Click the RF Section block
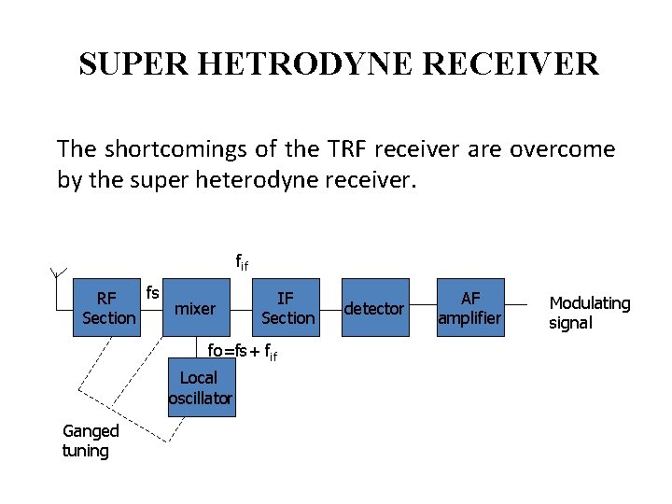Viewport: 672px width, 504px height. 108,308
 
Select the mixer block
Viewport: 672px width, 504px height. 195,309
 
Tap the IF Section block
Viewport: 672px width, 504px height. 287,308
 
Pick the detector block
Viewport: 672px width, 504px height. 374,308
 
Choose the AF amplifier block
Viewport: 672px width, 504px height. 470,308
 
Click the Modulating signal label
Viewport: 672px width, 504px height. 589,313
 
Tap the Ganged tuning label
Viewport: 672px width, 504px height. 90,441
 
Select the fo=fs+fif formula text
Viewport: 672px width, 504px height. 243,353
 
